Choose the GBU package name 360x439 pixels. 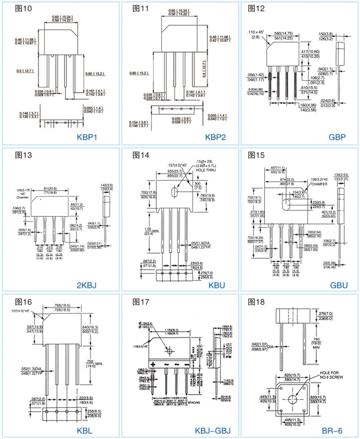[338, 284]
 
